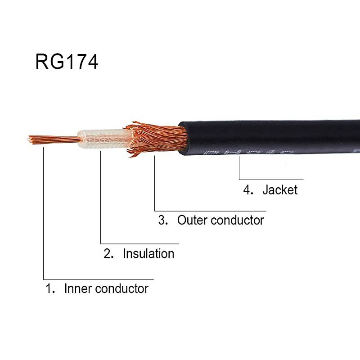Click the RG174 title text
click(67, 62)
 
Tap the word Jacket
click(280, 189)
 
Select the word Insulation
click(148, 254)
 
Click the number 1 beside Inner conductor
click(49, 288)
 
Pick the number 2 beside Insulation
click(108, 254)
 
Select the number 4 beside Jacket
click(248, 189)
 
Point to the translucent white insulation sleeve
click(101, 139)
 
